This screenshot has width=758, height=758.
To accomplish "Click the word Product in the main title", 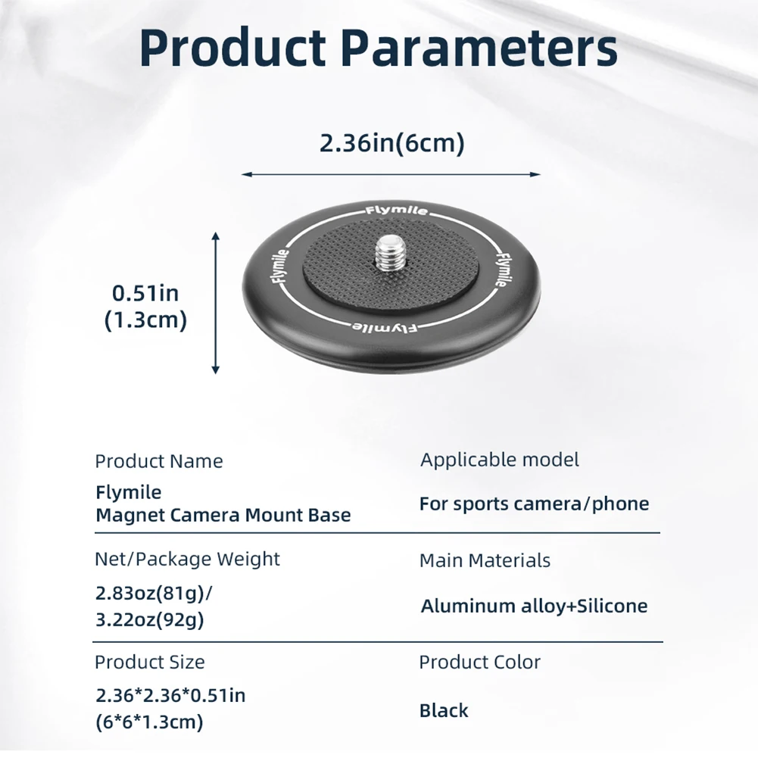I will pos(232,49).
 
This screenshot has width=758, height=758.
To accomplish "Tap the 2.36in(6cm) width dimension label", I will pos(391,142).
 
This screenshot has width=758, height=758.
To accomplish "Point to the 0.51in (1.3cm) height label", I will pos(145,306).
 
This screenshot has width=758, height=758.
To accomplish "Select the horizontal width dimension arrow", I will pos(391,174).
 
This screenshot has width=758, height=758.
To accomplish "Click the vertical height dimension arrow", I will pos(216,303).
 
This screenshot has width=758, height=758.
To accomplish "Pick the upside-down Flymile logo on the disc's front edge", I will pos(381,327).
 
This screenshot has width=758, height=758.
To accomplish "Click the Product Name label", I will pos(159,461).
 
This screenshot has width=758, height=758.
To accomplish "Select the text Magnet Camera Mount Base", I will pos(223,516).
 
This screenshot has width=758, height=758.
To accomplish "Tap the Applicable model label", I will pos(500,460).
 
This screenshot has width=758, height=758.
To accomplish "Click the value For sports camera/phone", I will pos(534,504).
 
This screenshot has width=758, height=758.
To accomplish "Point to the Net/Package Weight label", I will pos(187,560).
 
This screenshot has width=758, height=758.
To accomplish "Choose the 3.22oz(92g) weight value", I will pos(150,620).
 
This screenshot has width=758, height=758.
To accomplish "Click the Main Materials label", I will pos(485,560).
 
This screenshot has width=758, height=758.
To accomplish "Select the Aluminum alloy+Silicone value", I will pos(534,606).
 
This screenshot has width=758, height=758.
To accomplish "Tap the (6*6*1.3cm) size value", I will pos(150,722).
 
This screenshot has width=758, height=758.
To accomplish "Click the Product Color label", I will pos(480,662).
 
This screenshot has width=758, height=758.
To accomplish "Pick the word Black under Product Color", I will pos(444,710).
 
